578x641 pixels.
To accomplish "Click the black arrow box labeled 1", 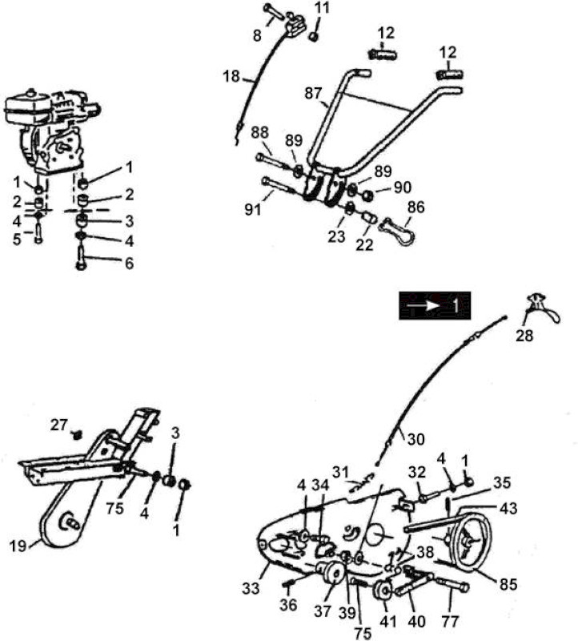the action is (435, 306).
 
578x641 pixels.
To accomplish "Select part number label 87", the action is (313, 93).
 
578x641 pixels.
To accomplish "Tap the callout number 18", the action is (231, 76).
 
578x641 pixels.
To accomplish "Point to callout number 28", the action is (524, 336).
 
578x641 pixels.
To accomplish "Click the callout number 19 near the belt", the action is (18, 546).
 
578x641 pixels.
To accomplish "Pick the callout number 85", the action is (508, 584).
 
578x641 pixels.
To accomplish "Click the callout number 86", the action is (415, 208).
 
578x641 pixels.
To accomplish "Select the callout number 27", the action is (58, 425).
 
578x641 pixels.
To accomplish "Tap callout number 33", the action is (251, 588).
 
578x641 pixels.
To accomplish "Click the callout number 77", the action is (450, 622).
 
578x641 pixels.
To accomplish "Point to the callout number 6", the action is (129, 264).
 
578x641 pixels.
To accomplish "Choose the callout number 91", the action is (253, 210).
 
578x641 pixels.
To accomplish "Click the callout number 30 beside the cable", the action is (415, 439).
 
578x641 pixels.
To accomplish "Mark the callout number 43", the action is (508, 509).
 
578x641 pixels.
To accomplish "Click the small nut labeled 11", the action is (313, 36).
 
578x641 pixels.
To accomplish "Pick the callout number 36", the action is (288, 605).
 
